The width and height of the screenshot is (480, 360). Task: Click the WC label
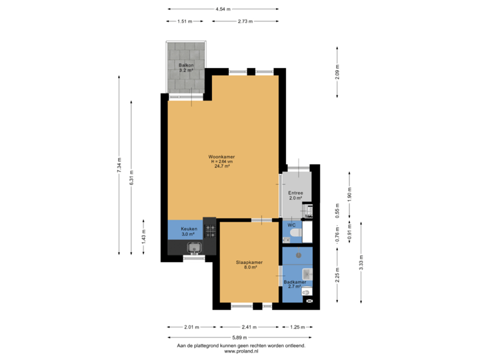[x=291, y=225]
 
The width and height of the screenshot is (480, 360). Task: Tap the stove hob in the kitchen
[x=210, y=231]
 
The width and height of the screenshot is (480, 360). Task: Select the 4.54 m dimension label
[x=223, y=9]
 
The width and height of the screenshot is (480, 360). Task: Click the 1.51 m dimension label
[x=184, y=21]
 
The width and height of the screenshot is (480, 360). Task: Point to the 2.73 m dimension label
[x=245, y=21]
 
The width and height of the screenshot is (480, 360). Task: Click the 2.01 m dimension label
[x=191, y=327]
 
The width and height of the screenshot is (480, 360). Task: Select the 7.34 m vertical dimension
[x=119, y=164]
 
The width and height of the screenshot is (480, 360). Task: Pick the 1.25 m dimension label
[x=297, y=327]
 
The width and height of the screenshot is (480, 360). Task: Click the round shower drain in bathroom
[x=299, y=254]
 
